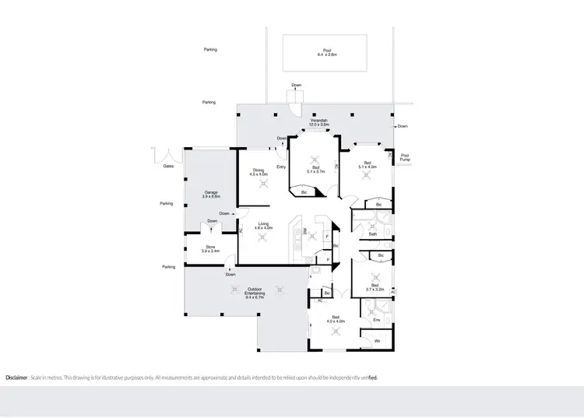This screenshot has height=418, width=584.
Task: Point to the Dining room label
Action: point(259,173)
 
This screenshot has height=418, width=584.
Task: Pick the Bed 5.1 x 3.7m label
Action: point(315,170)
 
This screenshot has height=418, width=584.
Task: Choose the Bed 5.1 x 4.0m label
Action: point(367,165)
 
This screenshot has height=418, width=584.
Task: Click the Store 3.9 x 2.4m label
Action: point(210,249)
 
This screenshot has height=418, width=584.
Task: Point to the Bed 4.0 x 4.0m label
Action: point(336,318)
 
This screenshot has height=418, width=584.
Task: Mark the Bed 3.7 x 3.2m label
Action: point(375,287)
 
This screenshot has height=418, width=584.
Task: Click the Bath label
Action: point(373,234)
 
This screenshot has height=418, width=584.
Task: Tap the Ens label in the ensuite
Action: point(377,320)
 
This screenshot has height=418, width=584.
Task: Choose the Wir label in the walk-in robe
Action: point(377,341)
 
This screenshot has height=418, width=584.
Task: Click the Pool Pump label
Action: point(404,156)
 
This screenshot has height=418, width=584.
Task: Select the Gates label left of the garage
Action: point(168,166)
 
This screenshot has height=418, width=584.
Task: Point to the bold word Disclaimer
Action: point(18,378)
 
